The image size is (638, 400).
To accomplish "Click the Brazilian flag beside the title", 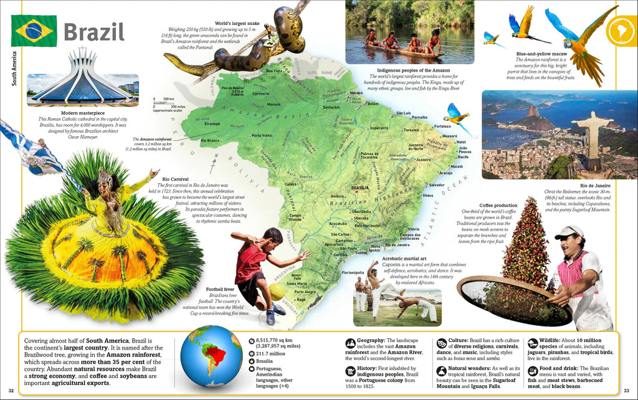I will point(33,31).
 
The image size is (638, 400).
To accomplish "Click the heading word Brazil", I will point(94,32).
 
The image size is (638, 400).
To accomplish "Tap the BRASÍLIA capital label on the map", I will point(360,188).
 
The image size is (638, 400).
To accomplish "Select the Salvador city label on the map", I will point(436,185).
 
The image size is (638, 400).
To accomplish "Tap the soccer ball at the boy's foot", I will point(277,292).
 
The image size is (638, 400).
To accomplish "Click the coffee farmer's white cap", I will point(568,231).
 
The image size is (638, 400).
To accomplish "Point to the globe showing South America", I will point(211,356).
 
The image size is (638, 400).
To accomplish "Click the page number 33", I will point(627,391).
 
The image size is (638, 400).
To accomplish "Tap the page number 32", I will point(11,391).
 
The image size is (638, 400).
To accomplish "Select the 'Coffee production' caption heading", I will point(498,205).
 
